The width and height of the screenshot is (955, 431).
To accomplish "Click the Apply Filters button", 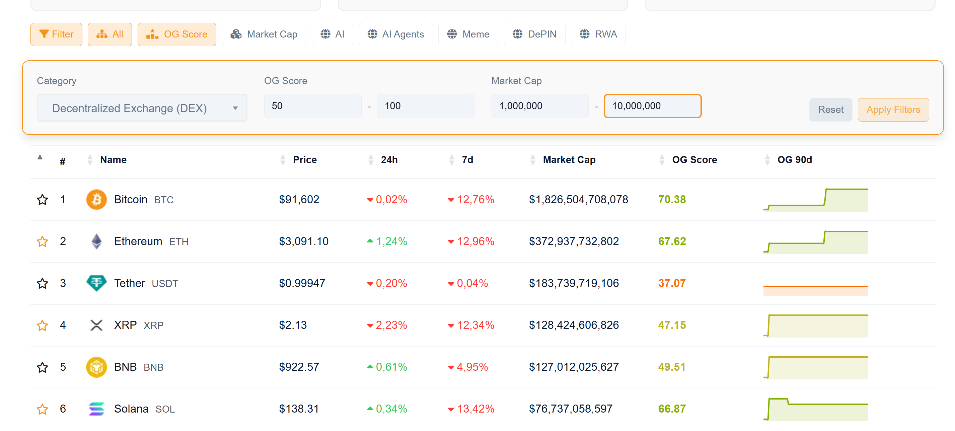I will coord(893,110).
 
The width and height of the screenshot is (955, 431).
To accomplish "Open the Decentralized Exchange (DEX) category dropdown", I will coord(142,108).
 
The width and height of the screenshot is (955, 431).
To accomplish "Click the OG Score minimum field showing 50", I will coord(312,106).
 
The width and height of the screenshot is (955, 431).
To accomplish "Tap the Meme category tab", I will coord(468,34).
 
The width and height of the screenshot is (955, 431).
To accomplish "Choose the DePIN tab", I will coord(534,34).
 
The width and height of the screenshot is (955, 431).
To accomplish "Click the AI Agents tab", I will coord(395,34).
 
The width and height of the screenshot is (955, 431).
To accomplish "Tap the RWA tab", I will coord(598,34).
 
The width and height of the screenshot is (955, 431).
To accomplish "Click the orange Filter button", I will coord(56,34).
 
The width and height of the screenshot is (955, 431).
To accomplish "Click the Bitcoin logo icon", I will coord(96,200).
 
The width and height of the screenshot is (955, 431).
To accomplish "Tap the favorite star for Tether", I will coord(42,283).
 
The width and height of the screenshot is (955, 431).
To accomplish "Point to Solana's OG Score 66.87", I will coord(672,409).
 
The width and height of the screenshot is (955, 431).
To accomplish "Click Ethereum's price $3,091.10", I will coord(304,241).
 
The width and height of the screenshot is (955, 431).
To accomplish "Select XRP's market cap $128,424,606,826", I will coord(574,325).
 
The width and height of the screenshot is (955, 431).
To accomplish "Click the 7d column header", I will coord(467,160).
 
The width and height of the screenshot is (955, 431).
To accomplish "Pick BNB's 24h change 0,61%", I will coord(391,367).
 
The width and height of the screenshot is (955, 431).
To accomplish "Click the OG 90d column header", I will coord(794,160).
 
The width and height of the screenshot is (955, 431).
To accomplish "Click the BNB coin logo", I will coord(96,367).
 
